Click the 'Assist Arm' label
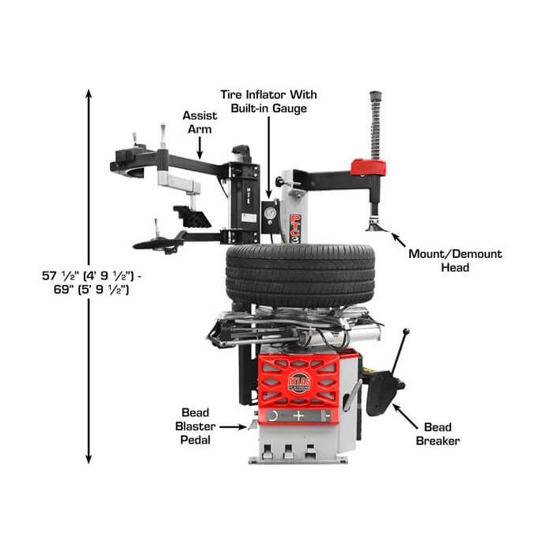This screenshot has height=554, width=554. coord(199,122)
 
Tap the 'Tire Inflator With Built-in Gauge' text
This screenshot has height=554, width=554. coord(268,101)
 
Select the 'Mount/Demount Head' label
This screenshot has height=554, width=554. coord(455,260)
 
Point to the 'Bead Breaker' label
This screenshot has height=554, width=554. coord(438,434)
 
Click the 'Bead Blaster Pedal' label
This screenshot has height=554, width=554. coord(195,426)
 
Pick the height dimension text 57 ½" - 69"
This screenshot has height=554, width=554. coord(92,283)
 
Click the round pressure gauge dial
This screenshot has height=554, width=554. coord(271,213)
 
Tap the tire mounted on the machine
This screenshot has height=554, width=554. coord(301,275)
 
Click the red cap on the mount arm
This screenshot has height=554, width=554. coord(368,167)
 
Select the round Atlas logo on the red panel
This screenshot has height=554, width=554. coord(300,382)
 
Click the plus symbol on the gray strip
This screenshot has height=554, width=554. coord(298,415)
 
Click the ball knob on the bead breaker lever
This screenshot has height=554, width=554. coord(406,331)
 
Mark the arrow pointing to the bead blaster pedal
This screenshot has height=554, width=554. coord(233,427)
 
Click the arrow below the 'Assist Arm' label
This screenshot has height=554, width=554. coord(199,148)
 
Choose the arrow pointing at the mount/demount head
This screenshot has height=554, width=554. coord(398,240)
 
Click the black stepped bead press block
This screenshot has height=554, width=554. coord(192,217)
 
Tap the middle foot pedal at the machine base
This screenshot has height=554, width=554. coord(288,451)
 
